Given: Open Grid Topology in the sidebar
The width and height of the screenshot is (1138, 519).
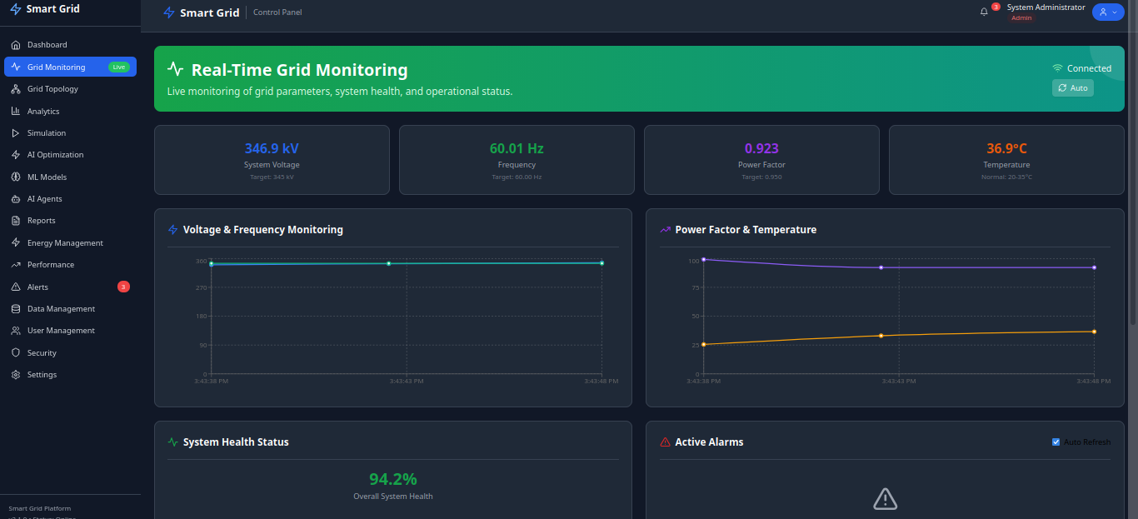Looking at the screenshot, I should pyautogui.click(x=52, y=89).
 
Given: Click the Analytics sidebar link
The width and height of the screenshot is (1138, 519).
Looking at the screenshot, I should pyautogui.click(x=43, y=111).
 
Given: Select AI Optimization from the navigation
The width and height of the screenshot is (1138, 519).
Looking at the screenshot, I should pyautogui.click(x=55, y=155).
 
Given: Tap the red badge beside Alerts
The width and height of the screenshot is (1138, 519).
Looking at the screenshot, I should pyautogui.click(x=123, y=287).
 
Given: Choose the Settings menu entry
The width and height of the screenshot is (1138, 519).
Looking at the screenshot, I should pyautogui.click(x=42, y=375).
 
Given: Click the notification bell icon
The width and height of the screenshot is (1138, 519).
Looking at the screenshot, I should pyautogui.click(x=984, y=12).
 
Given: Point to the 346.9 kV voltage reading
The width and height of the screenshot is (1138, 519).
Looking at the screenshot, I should pyautogui.click(x=272, y=148).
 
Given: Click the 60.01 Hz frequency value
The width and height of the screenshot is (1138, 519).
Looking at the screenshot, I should pyautogui.click(x=517, y=148).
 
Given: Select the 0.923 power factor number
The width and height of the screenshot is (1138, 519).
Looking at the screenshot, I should pyautogui.click(x=761, y=148).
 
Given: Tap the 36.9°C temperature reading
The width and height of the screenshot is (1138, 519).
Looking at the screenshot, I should pyautogui.click(x=1006, y=148).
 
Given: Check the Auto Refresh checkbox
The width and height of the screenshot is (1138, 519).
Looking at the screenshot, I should pyautogui.click(x=1056, y=442).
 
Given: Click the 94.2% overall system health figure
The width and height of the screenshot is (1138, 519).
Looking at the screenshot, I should pyautogui.click(x=393, y=479).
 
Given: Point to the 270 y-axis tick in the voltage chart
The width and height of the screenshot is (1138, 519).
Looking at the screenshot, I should pyautogui.click(x=201, y=287).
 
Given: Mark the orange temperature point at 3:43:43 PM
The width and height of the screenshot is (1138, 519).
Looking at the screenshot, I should pyautogui.click(x=881, y=336).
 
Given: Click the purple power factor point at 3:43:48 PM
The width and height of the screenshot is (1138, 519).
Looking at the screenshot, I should pyautogui.click(x=1094, y=267).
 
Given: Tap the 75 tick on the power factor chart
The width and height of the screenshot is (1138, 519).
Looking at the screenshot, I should pyautogui.click(x=695, y=287).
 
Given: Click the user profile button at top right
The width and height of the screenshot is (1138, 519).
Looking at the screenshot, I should pyautogui.click(x=1108, y=12).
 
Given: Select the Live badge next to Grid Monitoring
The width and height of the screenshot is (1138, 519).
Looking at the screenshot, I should pyautogui.click(x=119, y=67).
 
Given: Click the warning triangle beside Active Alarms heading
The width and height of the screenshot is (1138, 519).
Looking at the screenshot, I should pyautogui.click(x=665, y=442).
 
